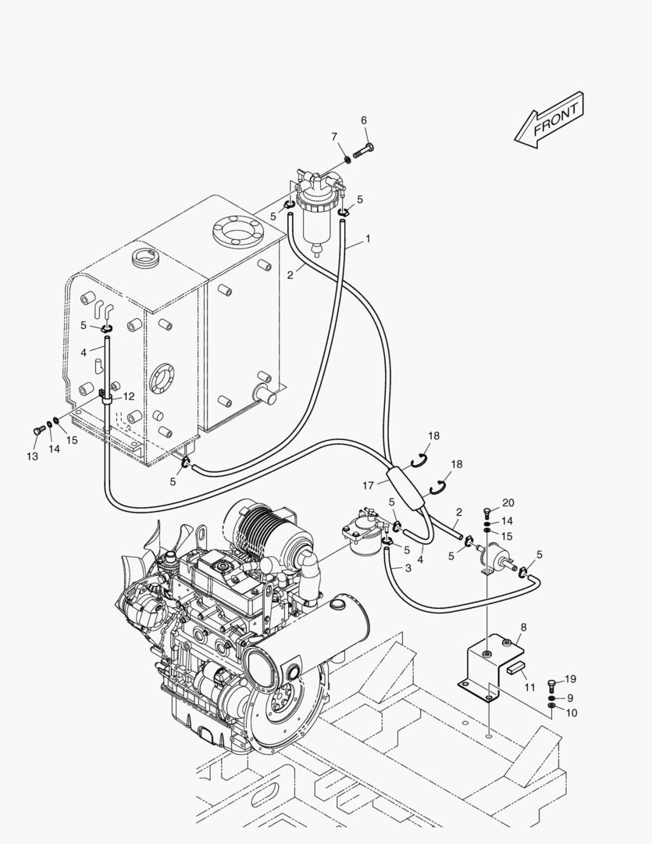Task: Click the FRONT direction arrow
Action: click(549, 121)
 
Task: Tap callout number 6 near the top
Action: click(363, 120)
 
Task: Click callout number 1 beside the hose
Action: click(369, 237)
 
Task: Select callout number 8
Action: click(522, 628)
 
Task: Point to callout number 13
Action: click(32, 456)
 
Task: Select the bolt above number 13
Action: click(37, 429)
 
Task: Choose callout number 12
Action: click(129, 396)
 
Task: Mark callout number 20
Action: click(508, 502)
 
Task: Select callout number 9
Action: click(570, 698)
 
